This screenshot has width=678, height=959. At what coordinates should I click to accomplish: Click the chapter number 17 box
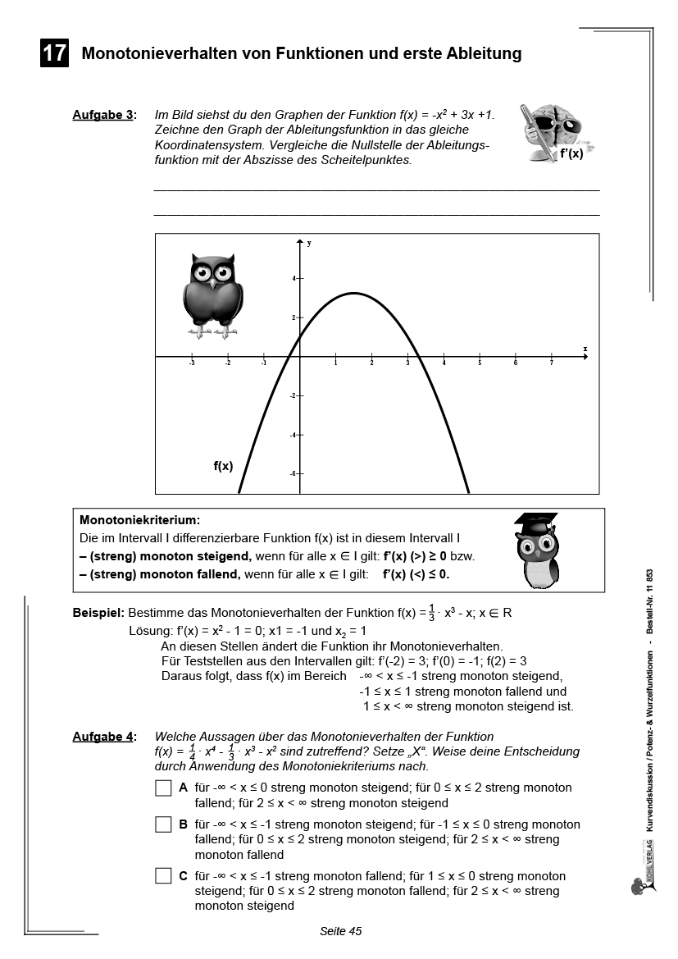click(55, 53)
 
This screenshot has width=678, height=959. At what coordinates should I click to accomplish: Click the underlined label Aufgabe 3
click(103, 115)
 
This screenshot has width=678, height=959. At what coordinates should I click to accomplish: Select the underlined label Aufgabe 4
click(103, 737)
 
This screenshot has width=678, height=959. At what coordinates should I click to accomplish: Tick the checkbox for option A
click(162, 788)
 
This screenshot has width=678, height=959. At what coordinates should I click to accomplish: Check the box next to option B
click(162, 824)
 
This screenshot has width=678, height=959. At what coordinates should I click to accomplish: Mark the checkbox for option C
click(162, 875)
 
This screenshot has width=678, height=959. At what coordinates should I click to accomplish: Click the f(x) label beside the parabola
click(223, 466)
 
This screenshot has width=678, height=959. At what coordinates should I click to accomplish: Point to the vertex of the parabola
click(353, 293)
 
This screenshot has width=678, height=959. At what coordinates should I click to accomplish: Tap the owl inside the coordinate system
click(213, 295)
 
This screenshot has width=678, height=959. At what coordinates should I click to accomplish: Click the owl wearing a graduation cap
click(537, 549)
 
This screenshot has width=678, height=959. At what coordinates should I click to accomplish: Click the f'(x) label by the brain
click(571, 153)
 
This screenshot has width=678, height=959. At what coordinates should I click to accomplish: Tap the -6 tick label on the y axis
click(292, 474)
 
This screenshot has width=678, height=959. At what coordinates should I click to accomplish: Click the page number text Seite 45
click(340, 931)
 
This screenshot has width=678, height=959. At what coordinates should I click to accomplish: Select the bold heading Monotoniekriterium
click(139, 519)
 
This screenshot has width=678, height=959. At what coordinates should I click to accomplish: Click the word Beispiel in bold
click(98, 612)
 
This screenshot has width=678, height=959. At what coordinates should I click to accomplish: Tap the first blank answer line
click(376, 190)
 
